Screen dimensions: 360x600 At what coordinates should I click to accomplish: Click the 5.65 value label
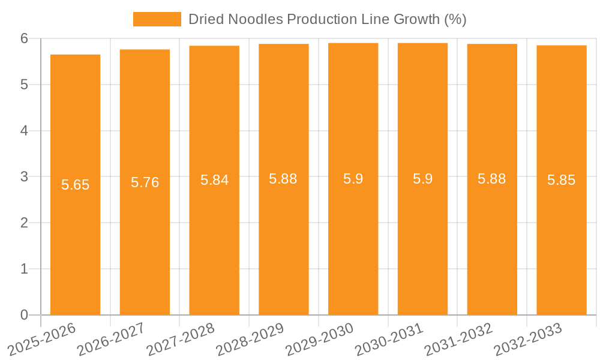point(75,185)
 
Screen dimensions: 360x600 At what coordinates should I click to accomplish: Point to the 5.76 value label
point(145,182)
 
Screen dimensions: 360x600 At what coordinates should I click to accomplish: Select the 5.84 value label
point(214,180)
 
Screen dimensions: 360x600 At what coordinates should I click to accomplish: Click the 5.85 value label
point(561,180)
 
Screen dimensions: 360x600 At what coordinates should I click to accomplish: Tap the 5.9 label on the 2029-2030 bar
point(353,179)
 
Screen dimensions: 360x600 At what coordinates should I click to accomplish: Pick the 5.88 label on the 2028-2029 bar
point(283,179)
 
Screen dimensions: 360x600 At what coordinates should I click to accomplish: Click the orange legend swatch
point(157,19)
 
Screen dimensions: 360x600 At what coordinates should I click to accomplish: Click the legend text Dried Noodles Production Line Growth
point(327,19)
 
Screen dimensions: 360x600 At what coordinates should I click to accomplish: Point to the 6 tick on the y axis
point(24,38)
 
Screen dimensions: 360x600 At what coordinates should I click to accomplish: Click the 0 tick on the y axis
point(24,315)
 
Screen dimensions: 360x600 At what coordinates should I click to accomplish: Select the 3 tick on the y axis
point(24,177)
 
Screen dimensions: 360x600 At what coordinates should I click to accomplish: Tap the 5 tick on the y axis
point(24,85)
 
